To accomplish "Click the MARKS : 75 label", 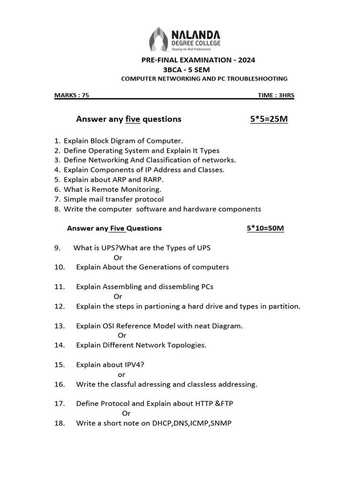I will coord(72,95).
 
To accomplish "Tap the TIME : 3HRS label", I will coord(276,95).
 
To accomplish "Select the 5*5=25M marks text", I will coord(269,119).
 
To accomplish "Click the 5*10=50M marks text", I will coord(265,228).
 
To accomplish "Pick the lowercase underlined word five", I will coord(133,119).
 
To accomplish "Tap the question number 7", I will coord(57,199).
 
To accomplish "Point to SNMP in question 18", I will coord(221,423).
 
